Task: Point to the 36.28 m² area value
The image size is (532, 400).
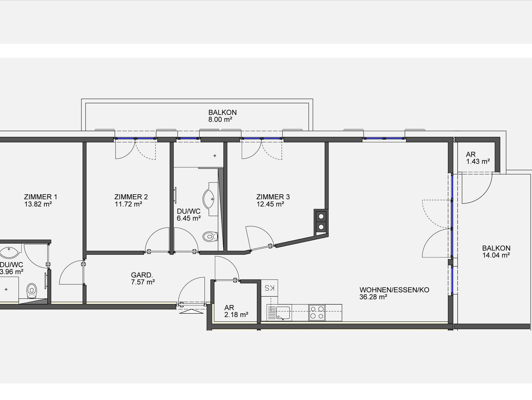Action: (373, 297)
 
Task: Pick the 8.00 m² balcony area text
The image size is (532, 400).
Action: (220, 120)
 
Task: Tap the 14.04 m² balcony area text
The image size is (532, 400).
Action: (496, 255)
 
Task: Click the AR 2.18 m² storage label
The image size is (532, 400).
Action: (236, 311)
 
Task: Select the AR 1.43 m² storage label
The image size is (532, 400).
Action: (478, 158)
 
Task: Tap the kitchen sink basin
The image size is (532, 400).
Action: (283, 313)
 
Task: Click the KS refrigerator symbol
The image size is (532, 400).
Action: (269, 288)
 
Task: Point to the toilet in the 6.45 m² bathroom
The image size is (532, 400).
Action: (210, 237)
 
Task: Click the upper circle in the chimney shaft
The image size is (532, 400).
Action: (321, 216)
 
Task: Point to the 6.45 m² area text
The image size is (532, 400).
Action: (189, 218)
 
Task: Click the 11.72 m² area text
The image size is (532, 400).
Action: (129, 204)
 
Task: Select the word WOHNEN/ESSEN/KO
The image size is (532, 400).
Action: (394, 290)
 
